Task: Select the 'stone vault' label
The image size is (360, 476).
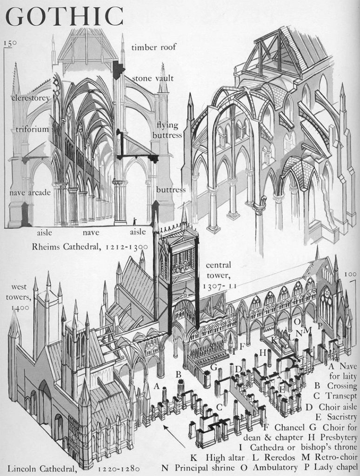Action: tap(153, 78)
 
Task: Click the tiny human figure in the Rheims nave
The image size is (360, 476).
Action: tap(135, 221)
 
